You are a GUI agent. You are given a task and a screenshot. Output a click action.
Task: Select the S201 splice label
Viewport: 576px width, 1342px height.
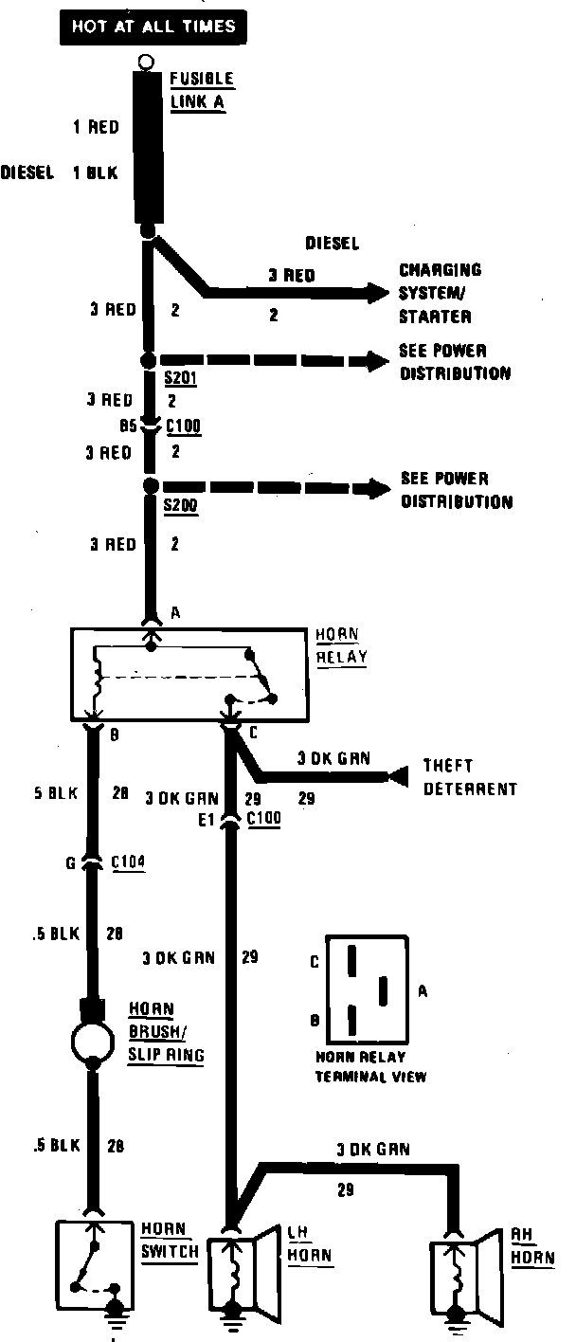coord(179,377)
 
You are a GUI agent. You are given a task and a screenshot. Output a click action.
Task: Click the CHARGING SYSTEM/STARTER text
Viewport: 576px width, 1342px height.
coord(439,293)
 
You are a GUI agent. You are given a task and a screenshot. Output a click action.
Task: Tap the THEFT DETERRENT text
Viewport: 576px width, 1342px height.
coord(470,776)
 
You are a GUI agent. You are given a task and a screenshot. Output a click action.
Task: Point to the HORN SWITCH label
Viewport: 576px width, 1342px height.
coord(170,1241)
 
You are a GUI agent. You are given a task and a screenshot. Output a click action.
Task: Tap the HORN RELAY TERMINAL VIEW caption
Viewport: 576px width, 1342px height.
coord(370,1068)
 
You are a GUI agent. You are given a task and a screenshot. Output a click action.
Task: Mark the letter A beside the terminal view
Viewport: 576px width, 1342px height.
coord(423,990)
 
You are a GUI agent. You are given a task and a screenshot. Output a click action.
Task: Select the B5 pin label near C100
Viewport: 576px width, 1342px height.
coord(131,426)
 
